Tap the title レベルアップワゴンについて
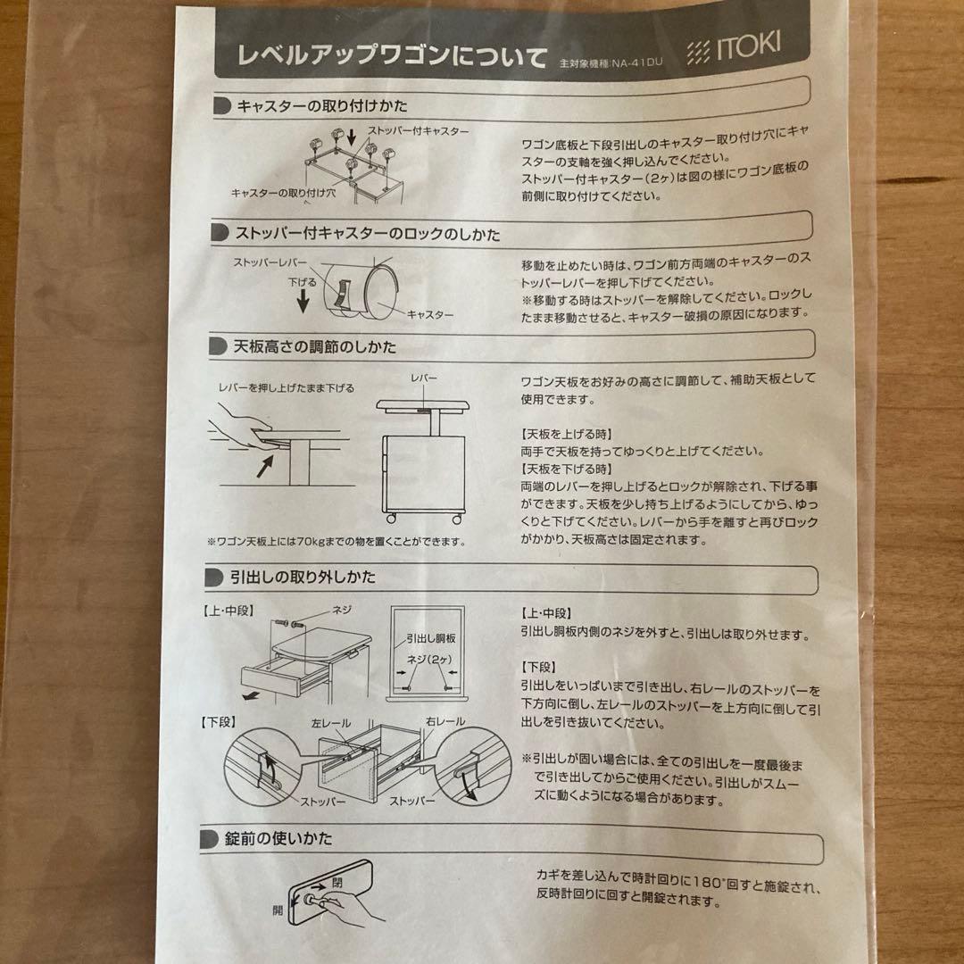(392, 57)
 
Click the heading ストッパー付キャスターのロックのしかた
(367, 234)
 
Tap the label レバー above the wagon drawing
(423, 378)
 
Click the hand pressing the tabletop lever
(245, 425)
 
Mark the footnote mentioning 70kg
(336, 542)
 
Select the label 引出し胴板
(431, 639)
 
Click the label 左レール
(331, 721)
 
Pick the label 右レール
(445, 720)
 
